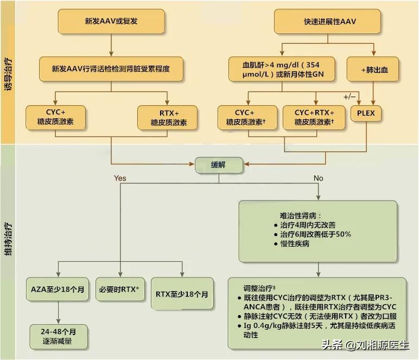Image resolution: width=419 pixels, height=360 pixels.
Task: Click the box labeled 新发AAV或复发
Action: tap(111, 21)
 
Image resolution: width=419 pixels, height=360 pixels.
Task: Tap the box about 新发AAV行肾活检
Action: tap(111, 69)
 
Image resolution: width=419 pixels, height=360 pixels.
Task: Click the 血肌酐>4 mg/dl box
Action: tap(281, 69)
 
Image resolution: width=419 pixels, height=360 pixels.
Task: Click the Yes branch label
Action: tap(120, 178)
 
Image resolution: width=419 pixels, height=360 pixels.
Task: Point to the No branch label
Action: tap(318, 178)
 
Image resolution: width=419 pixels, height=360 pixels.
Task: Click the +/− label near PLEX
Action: tap(350, 97)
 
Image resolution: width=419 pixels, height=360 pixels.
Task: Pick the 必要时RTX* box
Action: tap(120, 289)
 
